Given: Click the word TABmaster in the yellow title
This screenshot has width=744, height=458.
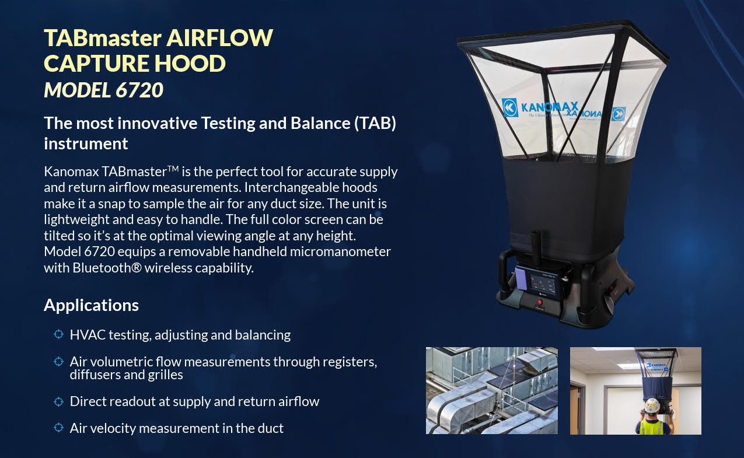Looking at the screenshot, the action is (103, 38).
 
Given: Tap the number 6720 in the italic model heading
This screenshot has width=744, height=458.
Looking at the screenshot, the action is (139, 90).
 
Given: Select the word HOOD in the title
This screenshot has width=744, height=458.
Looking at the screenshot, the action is (190, 64).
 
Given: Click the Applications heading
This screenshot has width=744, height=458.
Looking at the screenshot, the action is (92, 305).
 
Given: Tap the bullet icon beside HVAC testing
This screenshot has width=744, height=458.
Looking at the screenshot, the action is (58, 334).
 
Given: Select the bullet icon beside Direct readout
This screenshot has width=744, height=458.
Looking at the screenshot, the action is (58, 401).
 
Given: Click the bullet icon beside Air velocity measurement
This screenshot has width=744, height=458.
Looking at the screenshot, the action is (58, 428).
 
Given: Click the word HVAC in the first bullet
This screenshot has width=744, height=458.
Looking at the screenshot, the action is (88, 335).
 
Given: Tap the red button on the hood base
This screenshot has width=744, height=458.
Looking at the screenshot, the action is (540, 302).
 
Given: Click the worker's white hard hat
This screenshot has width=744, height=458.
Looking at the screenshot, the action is (652, 405).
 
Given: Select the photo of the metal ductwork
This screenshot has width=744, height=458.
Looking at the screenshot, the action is (491, 390).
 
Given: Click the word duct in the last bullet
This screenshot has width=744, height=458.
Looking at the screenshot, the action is (271, 428).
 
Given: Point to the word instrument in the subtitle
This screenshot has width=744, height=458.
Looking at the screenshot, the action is (86, 144).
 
